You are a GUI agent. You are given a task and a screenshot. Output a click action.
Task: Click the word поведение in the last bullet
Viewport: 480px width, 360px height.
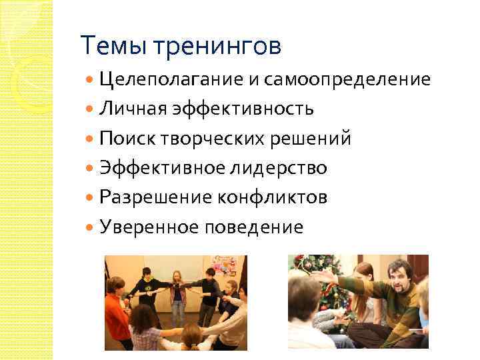pyautogui.click(x=257, y=227)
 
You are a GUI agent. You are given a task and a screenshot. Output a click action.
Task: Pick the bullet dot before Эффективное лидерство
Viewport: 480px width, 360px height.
pyautogui.click(x=91, y=168)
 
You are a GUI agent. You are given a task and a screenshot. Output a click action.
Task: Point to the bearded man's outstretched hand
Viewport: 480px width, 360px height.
pyautogui.click(x=321, y=275)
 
